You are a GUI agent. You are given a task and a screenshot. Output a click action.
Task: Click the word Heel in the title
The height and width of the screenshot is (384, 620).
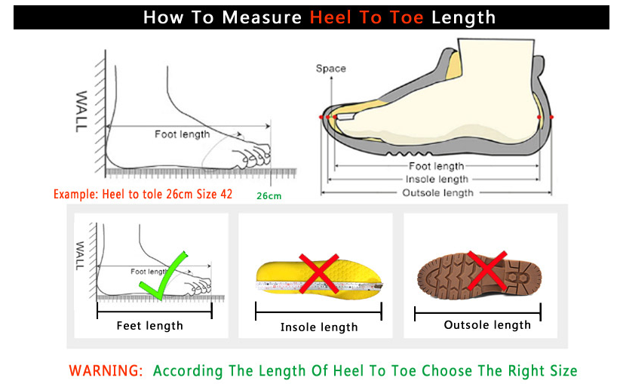330,17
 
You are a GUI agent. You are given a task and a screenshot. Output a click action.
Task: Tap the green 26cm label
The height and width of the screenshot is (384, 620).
269,195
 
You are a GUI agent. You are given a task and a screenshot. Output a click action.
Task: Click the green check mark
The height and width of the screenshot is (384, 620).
163,275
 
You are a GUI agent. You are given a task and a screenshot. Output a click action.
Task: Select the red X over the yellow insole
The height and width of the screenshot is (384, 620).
319,274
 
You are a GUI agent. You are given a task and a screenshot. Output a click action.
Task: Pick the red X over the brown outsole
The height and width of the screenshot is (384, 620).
487,271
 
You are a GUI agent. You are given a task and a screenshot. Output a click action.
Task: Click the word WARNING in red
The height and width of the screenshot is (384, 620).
106,371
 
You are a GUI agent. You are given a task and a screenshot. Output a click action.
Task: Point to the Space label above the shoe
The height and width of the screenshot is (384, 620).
331,69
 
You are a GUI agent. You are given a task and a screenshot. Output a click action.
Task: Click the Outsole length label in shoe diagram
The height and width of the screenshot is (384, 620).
437,193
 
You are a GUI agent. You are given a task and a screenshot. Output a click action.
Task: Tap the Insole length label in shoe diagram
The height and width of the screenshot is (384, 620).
437,180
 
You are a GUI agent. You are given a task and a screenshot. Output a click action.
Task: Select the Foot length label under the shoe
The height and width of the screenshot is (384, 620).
436,166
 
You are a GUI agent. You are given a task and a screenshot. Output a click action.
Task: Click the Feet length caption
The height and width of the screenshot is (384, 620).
150,326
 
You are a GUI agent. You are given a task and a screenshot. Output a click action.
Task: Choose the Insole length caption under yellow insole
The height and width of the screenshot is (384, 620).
319,327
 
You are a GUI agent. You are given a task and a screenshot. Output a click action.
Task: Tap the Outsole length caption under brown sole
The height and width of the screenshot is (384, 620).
487,325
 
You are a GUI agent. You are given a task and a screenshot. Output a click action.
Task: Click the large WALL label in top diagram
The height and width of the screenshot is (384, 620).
81,111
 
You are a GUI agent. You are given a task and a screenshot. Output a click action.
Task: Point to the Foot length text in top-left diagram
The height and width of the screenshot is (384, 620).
183,134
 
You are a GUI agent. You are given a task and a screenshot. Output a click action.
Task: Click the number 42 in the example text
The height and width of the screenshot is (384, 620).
226,194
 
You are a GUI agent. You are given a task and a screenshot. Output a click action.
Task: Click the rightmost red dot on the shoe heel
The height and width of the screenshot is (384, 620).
551,117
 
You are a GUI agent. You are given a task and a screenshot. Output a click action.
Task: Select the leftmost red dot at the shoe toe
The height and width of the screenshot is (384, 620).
321,117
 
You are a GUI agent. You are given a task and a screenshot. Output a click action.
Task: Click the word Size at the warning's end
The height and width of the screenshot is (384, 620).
563,371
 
